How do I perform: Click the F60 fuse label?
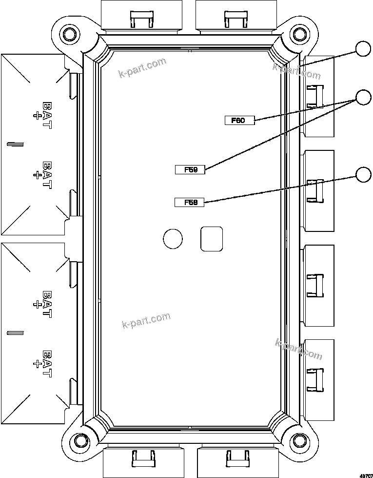pyautogui.click(x=239, y=121)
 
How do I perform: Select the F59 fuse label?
pyautogui.click(x=190, y=169)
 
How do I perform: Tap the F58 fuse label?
pyautogui.click(x=189, y=202)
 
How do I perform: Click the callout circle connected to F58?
pyautogui.click(x=363, y=175)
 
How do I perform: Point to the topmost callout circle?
pyautogui.click(x=363, y=49)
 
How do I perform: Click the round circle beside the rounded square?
pyautogui.click(x=173, y=239)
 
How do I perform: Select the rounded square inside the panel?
pyautogui.click(x=212, y=239)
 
